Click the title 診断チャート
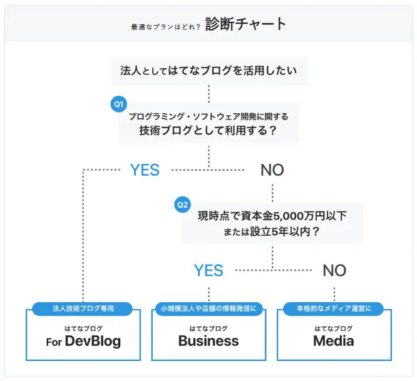click(x=245, y=24)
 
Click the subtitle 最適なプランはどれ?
click(x=165, y=27)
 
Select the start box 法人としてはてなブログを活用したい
click(x=208, y=71)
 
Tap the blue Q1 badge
click(x=118, y=103)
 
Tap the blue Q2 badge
click(x=182, y=204)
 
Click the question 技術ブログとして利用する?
click(x=208, y=131)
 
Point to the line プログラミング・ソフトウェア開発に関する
click(x=208, y=116)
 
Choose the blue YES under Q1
click(x=145, y=170)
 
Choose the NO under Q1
click(x=272, y=170)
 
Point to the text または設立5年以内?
click(x=272, y=231)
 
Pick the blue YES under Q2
click(x=209, y=270)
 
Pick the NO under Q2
click(x=334, y=270)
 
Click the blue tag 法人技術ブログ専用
click(x=83, y=308)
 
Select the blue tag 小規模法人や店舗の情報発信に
click(x=208, y=308)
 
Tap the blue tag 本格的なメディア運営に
click(x=334, y=308)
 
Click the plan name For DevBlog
click(x=83, y=342)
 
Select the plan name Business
click(x=208, y=341)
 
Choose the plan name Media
click(x=334, y=341)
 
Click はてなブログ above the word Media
click(x=334, y=328)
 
